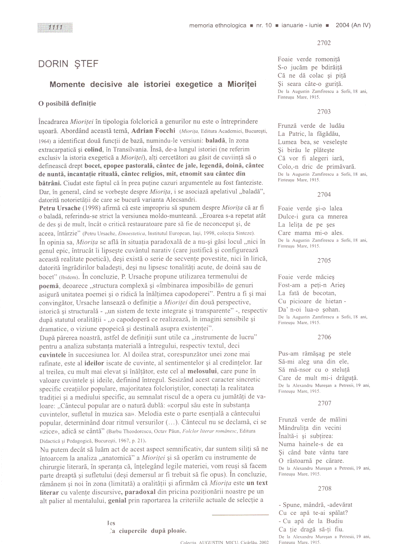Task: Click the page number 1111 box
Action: point(55,28)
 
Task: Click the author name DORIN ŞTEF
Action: point(68,64)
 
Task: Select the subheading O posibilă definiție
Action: point(67,104)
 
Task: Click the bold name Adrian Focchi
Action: point(153,131)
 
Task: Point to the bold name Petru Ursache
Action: point(60,208)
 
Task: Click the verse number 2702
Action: point(324,43)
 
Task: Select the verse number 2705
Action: point(324,261)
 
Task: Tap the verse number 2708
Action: point(325,488)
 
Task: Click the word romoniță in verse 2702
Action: point(328,59)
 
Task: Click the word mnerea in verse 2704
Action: point(337,217)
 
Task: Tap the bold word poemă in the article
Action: point(49,285)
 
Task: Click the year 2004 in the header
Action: point(343,25)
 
